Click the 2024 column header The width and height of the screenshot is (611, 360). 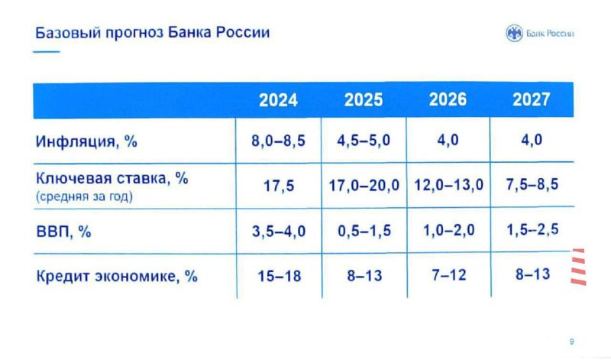click(278, 100)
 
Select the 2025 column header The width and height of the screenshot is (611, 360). click(364, 100)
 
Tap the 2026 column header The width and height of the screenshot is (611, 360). click(448, 99)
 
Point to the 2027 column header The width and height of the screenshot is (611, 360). click(532, 99)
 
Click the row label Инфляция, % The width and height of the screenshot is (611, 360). click(86, 141)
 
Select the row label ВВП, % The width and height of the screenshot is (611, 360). click(63, 232)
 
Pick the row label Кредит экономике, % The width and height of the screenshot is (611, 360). click(117, 277)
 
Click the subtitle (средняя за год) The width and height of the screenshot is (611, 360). click(84, 196)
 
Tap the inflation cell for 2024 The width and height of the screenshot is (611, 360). click(278, 141)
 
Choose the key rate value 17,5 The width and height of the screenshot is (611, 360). click(279, 186)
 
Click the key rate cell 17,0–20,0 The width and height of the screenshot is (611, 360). click(364, 185)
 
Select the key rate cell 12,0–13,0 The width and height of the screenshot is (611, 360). click(448, 185)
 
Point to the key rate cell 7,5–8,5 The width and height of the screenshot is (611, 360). click(532, 184)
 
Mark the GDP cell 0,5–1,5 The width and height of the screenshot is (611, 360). click(364, 231)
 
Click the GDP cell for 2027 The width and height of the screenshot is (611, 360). click(532, 229)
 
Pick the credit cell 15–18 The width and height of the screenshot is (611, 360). click(280, 276)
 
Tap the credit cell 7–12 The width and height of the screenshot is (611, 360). click(449, 275)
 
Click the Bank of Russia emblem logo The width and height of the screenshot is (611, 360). click(514, 33)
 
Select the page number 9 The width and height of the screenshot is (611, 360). click(571, 342)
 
